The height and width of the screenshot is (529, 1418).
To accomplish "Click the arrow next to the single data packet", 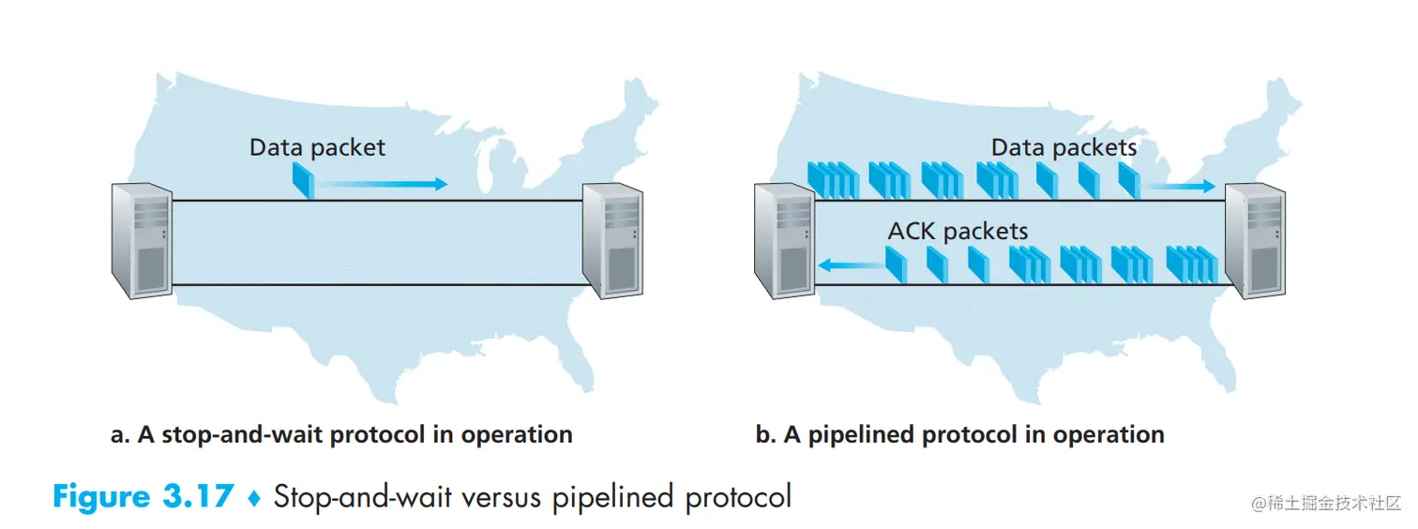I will pyautogui.click(x=381, y=185).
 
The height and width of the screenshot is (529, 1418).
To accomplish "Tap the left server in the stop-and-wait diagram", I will pyautogui.click(x=141, y=240).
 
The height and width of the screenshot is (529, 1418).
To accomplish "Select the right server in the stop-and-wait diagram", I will pyautogui.click(x=611, y=240).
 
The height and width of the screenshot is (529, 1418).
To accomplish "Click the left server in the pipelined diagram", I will pyautogui.click(x=784, y=240).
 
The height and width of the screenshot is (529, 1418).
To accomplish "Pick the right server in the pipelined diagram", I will pyautogui.click(x=1255, y=240).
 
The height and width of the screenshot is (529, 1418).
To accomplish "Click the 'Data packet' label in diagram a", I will pyautogui.click(x=317, y=147).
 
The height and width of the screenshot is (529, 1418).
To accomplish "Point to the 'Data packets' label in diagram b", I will pyautogui.click(x=1063, y=147).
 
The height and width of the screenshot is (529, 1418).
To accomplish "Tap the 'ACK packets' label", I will pyautogui.click(x=958, y=231).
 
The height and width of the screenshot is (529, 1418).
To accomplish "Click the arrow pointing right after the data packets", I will pyautogui.click(x=1180, y=187).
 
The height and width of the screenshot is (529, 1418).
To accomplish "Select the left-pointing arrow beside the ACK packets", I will pyautogui.click(x=850, y=266).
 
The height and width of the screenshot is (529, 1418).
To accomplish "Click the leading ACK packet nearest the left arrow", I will pyautogui.click(x=896, y=264).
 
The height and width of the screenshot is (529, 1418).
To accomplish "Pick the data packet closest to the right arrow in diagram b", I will pyautogui.click(x=1128, y=179).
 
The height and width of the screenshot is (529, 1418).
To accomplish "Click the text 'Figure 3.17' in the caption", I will pyautogui.click(x=142, y=495).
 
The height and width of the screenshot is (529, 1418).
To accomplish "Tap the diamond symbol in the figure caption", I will pyautogui.click(x=252, y=497).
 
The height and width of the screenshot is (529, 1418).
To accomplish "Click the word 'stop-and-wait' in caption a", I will pyautogui.click(x=219, y=435).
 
